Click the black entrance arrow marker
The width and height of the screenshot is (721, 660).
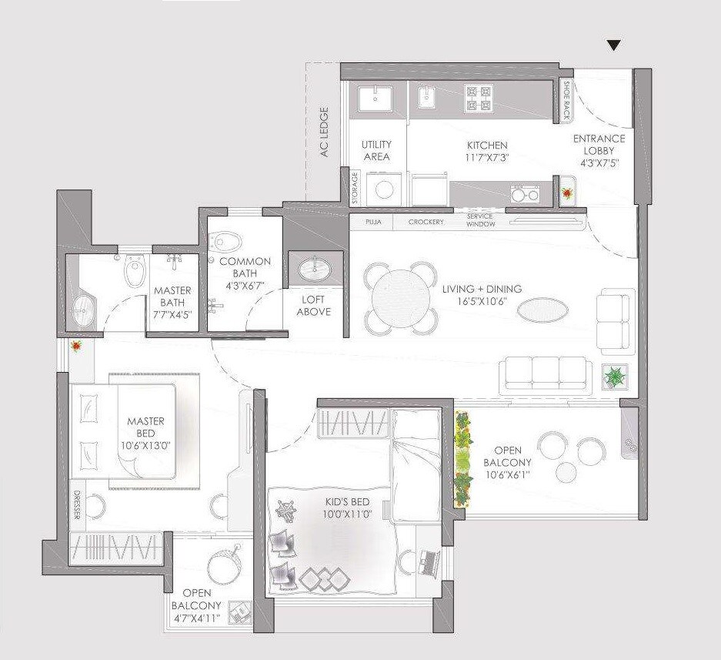pos(613,45)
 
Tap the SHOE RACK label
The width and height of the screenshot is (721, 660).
pos(567,101)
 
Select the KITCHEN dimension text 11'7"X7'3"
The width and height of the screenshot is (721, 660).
pos(487,157)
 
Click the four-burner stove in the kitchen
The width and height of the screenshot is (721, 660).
pos(476,98)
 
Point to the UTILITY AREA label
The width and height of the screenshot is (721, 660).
pos(376,150)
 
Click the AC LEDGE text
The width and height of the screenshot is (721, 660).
pos(324,132)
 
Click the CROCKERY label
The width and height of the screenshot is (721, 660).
pos(426,223)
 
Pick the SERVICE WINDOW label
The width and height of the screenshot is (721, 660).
pos(479,220)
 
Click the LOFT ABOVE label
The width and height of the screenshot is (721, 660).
pos(313,306)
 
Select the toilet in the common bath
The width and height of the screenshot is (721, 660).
pos(225,241)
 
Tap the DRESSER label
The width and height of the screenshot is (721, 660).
pos(77,505)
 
